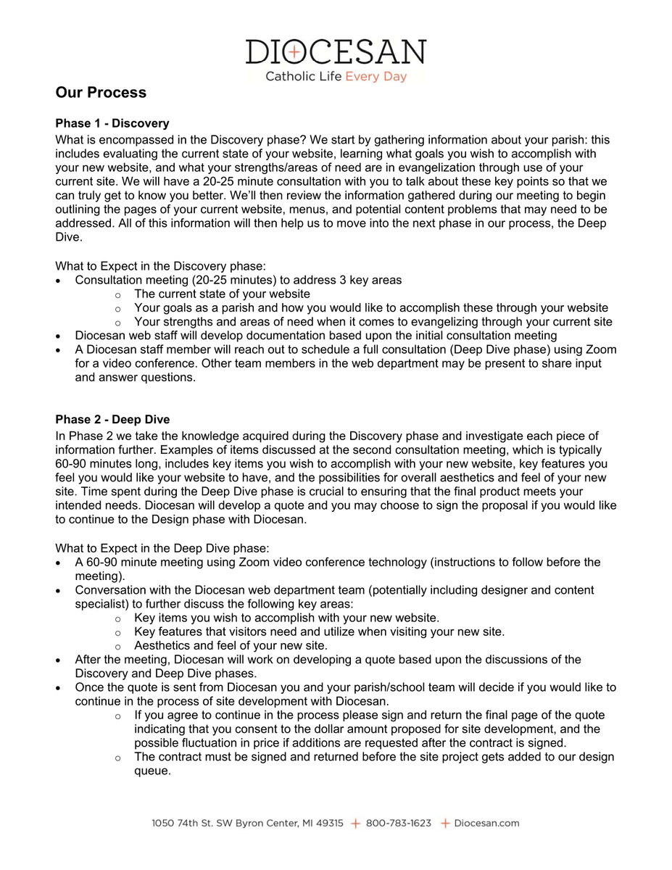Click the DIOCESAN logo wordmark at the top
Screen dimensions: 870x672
(x=336, y=51)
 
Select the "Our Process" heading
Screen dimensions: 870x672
(x=101, y=93)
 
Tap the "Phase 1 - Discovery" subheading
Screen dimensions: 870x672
(x=112, y=123)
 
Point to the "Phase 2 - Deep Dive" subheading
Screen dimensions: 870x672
(x=112, y=420)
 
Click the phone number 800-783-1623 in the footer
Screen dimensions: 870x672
(x=398, y=823)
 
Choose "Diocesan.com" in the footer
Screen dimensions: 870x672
(x=486, y=823)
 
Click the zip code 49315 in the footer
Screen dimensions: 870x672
(x=331, y=823)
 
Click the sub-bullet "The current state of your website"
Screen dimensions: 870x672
(x=222, y=294)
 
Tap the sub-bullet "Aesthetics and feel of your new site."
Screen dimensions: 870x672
(x=231, y=645)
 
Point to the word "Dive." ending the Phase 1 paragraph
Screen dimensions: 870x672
(x=68, y=236)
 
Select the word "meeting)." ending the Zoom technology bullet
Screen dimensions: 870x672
(x=99, y=576)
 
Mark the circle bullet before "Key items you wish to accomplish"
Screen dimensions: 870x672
(x=118, y=618)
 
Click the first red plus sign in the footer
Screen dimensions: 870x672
(x=355, y=823)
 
